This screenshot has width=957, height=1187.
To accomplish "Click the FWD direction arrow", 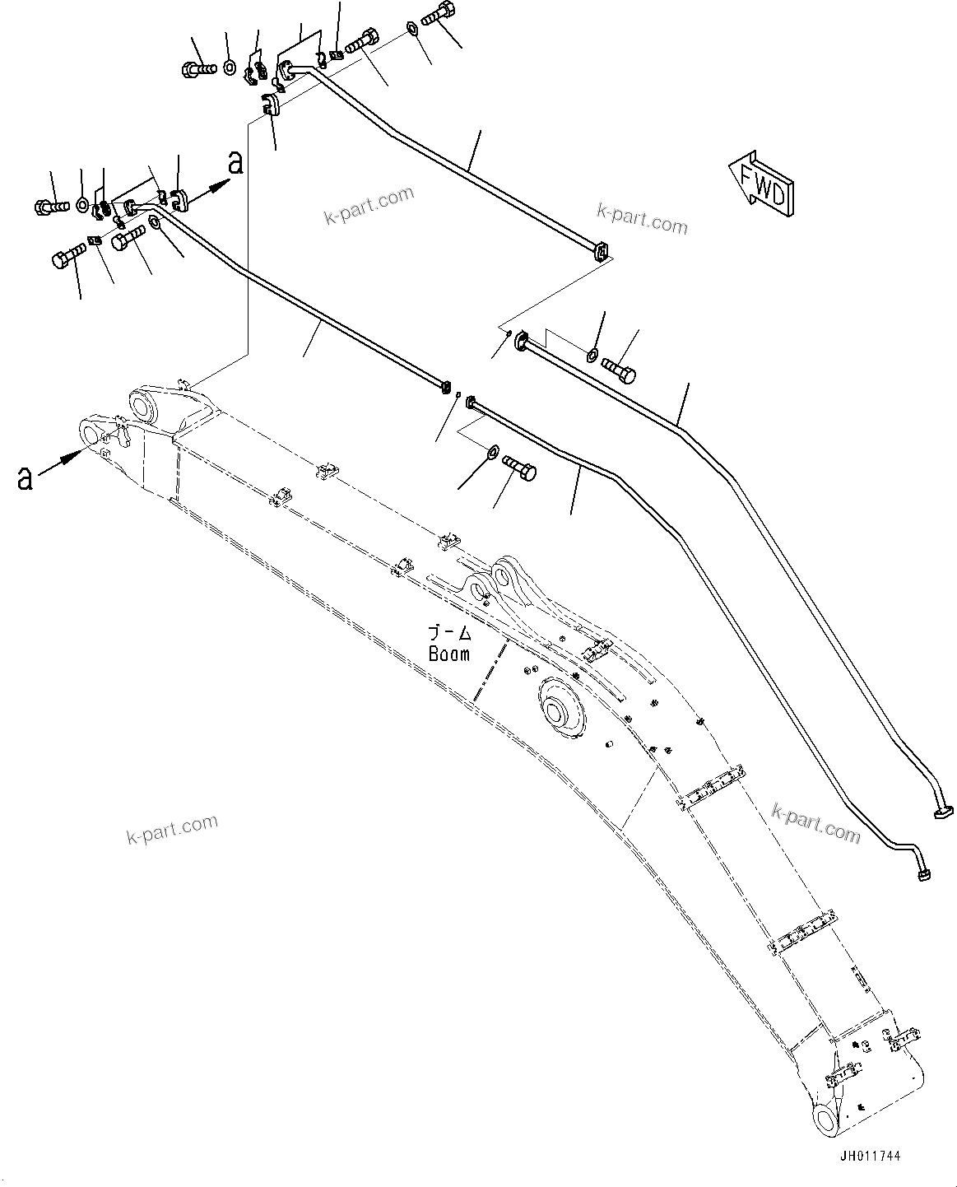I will point(760,181).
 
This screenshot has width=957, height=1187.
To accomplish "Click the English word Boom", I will point(449,654).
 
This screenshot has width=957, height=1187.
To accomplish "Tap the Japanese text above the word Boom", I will point(449,633).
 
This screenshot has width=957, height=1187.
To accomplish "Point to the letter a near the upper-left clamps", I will point(235,163).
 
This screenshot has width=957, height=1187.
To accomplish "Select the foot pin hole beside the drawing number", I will point(829,1119).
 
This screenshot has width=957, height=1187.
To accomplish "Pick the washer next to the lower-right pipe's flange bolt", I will point(492,451).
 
